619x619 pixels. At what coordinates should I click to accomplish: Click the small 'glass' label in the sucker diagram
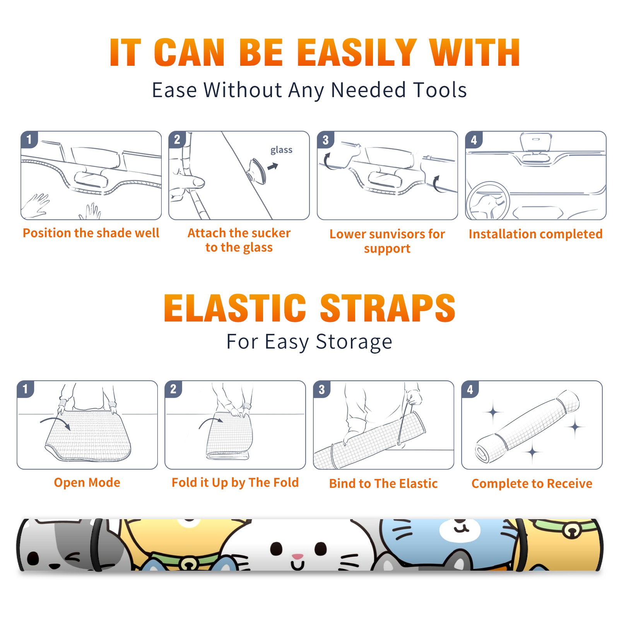(281, 150)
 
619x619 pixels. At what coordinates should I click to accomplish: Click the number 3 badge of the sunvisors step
(325, 140)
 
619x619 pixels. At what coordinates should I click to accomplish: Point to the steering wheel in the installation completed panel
(488, 201)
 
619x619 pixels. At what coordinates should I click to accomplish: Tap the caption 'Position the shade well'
(91, 233)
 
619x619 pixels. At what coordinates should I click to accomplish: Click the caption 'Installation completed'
(535, 234)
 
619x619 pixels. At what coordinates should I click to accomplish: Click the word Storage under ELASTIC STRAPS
(354, 342)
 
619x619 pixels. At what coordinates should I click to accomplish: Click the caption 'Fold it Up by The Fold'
(235, 483)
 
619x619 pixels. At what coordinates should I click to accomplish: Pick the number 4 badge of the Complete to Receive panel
(470, 389)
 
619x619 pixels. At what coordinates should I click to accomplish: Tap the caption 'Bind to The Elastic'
(383, 484)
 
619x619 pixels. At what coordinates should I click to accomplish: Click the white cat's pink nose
(298, 556)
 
